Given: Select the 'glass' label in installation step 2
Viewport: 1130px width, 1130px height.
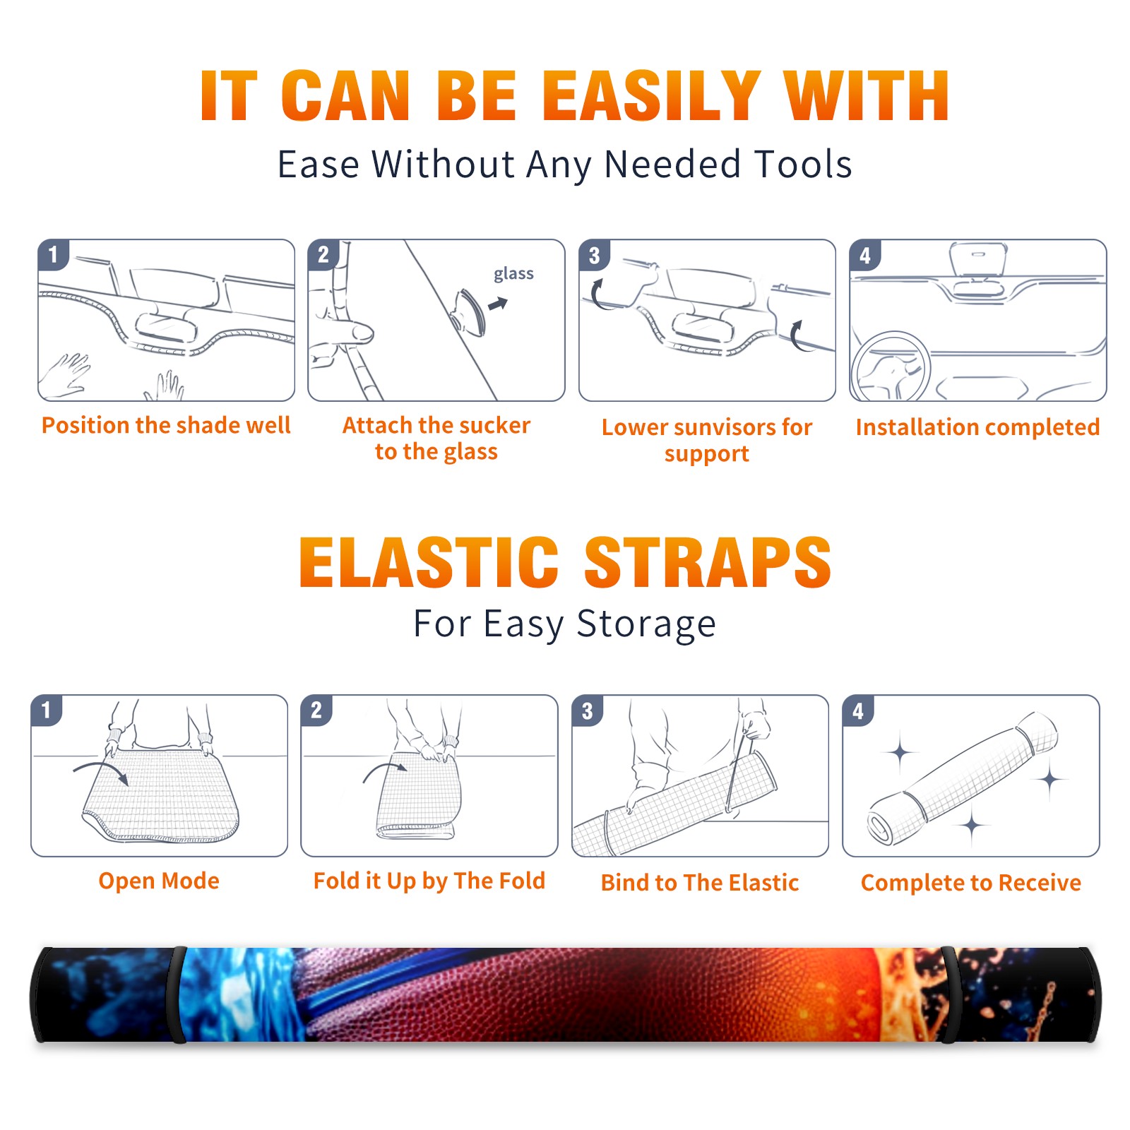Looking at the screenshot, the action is [x=513, y=274].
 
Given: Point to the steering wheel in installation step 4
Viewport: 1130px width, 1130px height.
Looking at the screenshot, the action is [x=891, y=367].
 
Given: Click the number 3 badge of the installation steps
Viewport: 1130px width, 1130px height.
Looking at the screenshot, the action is [x=595, y=255].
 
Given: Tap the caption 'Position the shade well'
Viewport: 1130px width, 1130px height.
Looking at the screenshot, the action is [x=166, y=425].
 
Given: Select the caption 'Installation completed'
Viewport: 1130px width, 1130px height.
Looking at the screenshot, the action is [x=977, y=427].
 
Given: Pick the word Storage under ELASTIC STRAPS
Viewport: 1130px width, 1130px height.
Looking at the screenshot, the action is [x=646, y=624].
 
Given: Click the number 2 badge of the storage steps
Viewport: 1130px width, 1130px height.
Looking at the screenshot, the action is [x=316, y=710].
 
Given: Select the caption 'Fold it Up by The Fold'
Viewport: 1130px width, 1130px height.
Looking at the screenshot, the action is [x=429, y=881].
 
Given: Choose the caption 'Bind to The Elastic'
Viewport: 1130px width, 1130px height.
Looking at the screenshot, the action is [x=700, y=883].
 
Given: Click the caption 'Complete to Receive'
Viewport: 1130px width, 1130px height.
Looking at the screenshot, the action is [x=971, y=883].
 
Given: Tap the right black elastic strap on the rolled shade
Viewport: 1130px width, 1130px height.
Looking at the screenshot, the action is [x=949, y=994].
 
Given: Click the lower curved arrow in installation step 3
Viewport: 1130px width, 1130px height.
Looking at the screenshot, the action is [x=797, y=335].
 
